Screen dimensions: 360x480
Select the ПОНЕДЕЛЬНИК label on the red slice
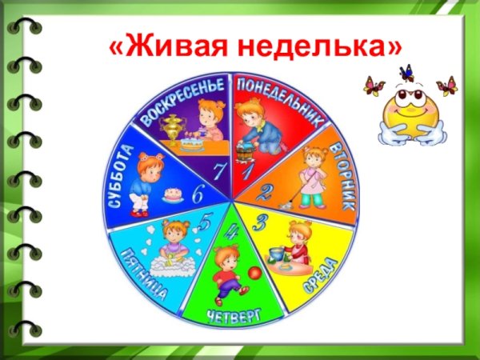[279, 102]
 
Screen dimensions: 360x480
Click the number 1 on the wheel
[247, 170]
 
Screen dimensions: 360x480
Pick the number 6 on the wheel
[197, 192]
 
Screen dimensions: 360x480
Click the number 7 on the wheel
[218, 170]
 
